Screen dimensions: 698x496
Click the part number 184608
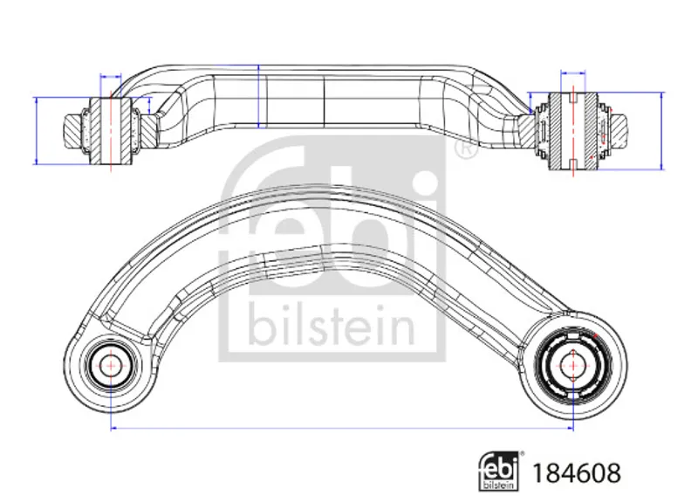click(x=577, y=472)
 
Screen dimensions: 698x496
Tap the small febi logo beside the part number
click(x=498, y=471)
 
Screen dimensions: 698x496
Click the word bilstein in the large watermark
click(x=332, y=326)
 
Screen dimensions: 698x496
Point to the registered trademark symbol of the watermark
click(x=465, y=149)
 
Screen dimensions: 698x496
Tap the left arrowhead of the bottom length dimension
click(x=113, y=428)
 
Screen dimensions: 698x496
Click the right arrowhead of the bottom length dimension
click(x=571, y=428)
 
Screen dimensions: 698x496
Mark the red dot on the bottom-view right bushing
click(x=596, y=335)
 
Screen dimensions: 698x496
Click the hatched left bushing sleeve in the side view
click(x=111, y=131)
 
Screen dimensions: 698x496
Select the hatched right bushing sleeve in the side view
click(x=572, y=131)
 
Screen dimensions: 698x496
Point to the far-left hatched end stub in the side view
click(x=72, y=131)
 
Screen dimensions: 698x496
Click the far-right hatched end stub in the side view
click(x=621, y=131)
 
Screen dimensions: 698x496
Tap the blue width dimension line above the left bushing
click(x=111, y=77)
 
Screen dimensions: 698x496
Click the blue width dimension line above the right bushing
click(x=573, y=72)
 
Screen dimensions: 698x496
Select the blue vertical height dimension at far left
click(x=37, y=131)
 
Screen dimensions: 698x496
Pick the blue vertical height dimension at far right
click(x=661, y=131)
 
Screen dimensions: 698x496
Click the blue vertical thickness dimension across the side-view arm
click(x=258, y=96)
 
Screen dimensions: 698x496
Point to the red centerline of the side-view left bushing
click(x=111, y=131)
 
